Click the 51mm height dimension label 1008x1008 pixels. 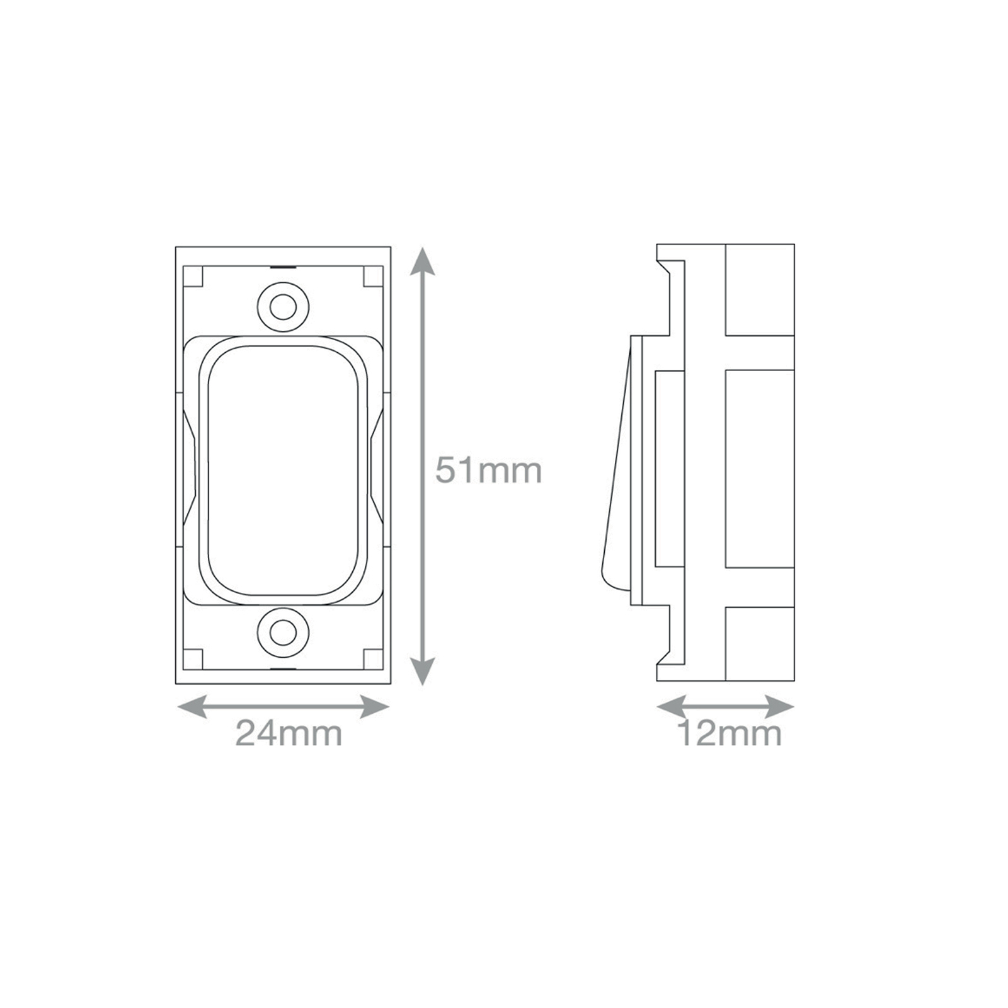488,471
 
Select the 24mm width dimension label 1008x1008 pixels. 289,733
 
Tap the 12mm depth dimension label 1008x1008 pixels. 729,733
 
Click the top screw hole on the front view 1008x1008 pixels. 283,307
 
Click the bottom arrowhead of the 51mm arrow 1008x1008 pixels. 423,671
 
